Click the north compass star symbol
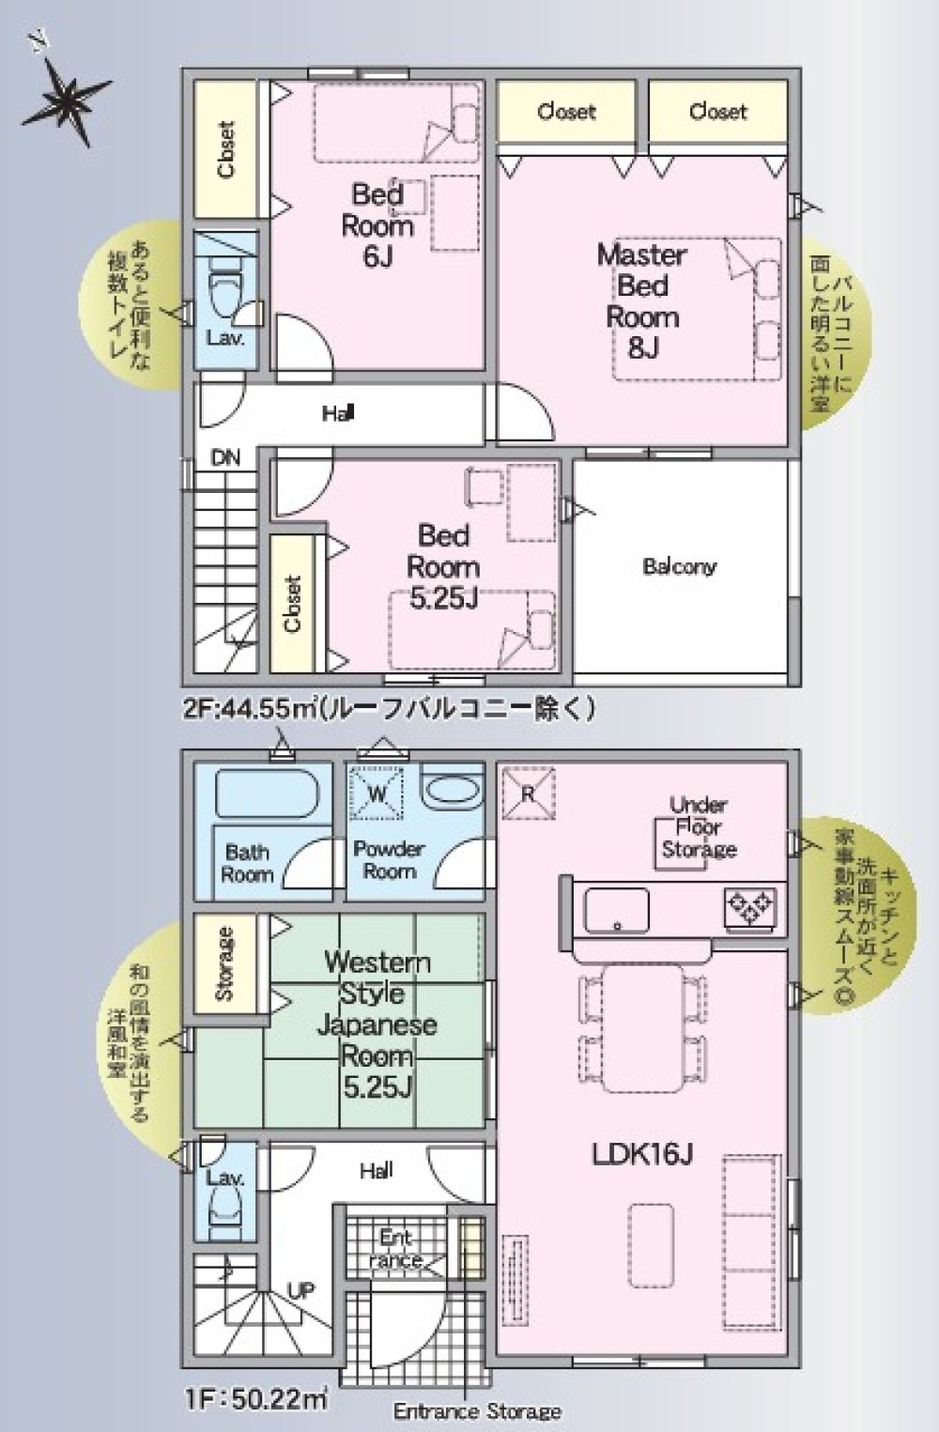[66, 97]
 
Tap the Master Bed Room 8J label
[642, 300]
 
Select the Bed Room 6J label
[377, 225]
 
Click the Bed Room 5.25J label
[443, 566]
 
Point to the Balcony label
[679, 566]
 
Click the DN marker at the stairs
[225, 458]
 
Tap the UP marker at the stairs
[300, 1291]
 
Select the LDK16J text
[642, 1154]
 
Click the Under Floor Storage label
[699, 827]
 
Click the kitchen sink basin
[617, 909]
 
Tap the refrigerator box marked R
[528, 793]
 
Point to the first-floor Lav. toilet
[224, 1211]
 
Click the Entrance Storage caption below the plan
[477, 1411]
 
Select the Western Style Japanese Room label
[377, 1024]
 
